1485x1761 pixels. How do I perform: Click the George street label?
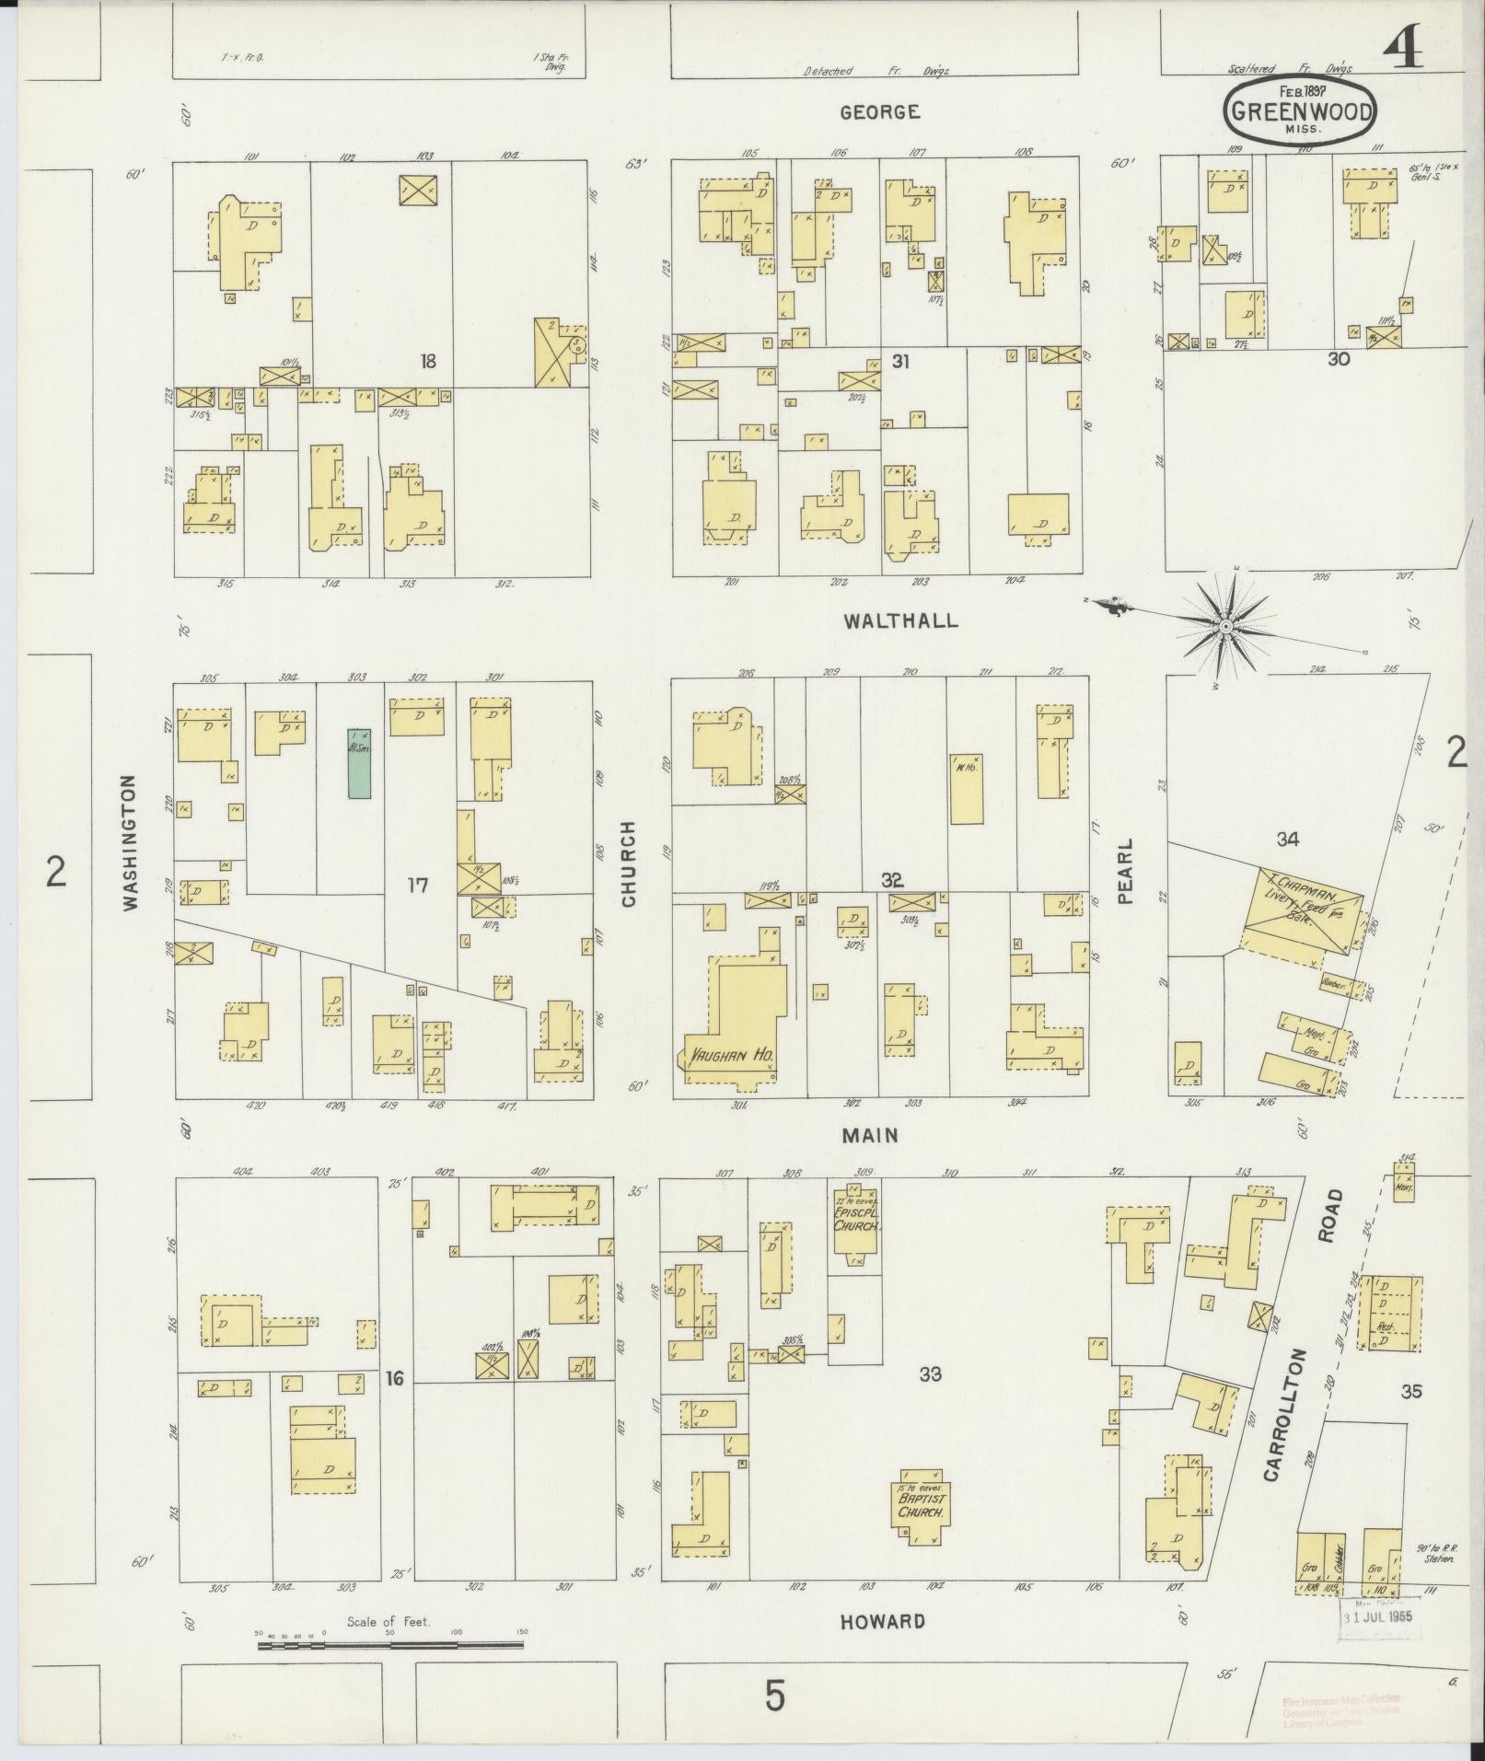[879, 112]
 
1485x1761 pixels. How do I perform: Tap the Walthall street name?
[900, 620]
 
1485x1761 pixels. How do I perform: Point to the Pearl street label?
[1125, 871]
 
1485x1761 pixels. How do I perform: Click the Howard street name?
[881, 1621]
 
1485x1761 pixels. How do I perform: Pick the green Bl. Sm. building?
[359, 762]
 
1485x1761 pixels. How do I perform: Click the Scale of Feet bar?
[390, 1645]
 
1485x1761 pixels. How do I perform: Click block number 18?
[426, 362]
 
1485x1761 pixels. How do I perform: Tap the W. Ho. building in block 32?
[966, 788]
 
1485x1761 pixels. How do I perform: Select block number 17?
[418, 886]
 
